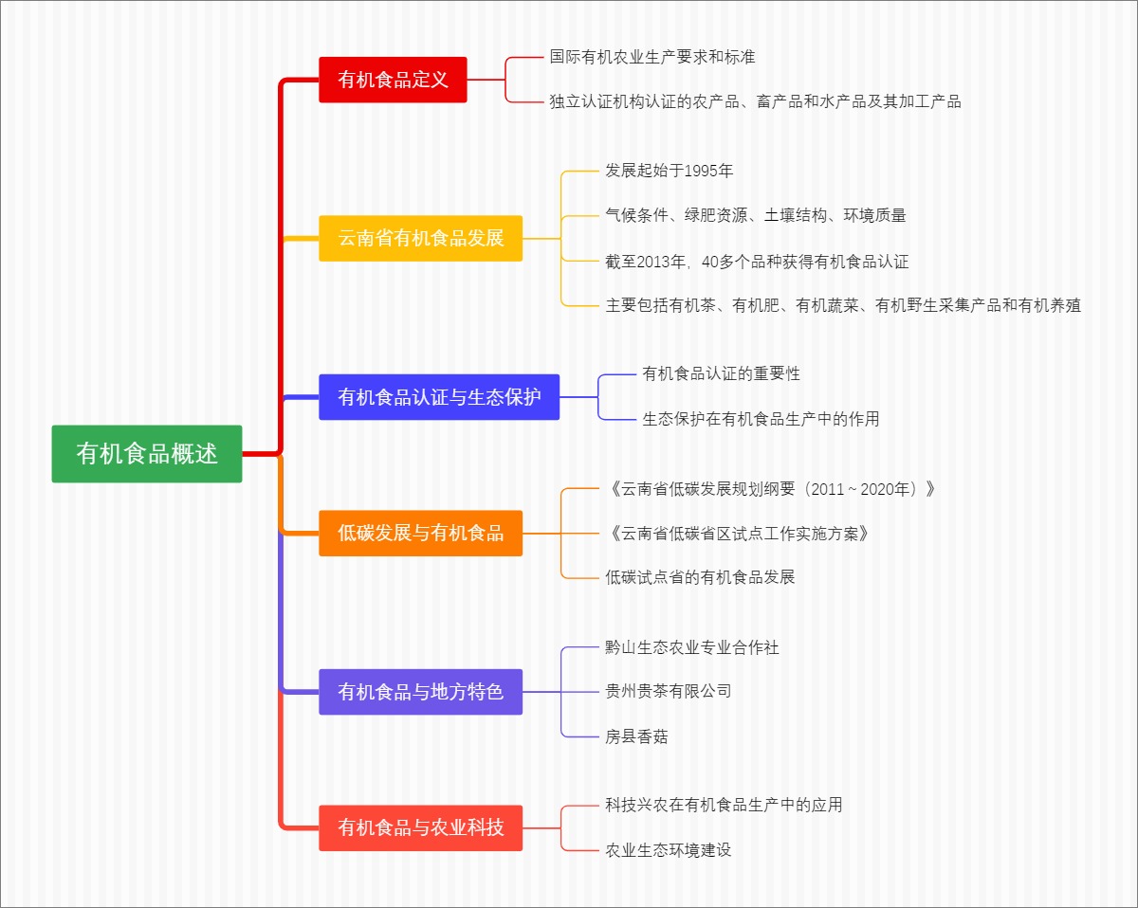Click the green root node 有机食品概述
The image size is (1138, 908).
tap(147, 454)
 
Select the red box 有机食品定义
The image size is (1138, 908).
tap(393, 80)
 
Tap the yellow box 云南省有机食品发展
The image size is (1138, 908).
tap(420, 238)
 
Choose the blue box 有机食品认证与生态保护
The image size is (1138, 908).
tap(439, 397)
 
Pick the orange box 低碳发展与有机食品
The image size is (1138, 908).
tap(420, 533)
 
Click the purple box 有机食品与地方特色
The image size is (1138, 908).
tap(420, 692)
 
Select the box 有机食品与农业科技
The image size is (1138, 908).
tap(420, 827)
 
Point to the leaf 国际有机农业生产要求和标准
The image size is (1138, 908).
tap(652, 57)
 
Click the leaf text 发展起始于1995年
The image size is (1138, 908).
tap(670, 171)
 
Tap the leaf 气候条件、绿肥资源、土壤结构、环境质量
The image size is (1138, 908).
tap(756, 215)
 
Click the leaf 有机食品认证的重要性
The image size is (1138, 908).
tap(721, 373)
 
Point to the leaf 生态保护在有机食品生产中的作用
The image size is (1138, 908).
tap(761, 418)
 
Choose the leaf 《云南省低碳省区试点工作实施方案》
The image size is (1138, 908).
tap(738, 534)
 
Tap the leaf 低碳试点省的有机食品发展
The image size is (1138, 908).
tap(700, 576)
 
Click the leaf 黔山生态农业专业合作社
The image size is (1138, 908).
tap(692, 647)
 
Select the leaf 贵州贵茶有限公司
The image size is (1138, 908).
tap(669, 691)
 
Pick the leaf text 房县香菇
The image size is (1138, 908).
tap(636, 736)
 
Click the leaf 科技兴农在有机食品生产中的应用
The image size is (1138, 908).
tap(724, 805)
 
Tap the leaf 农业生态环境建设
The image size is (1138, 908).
tap(669, 850)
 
